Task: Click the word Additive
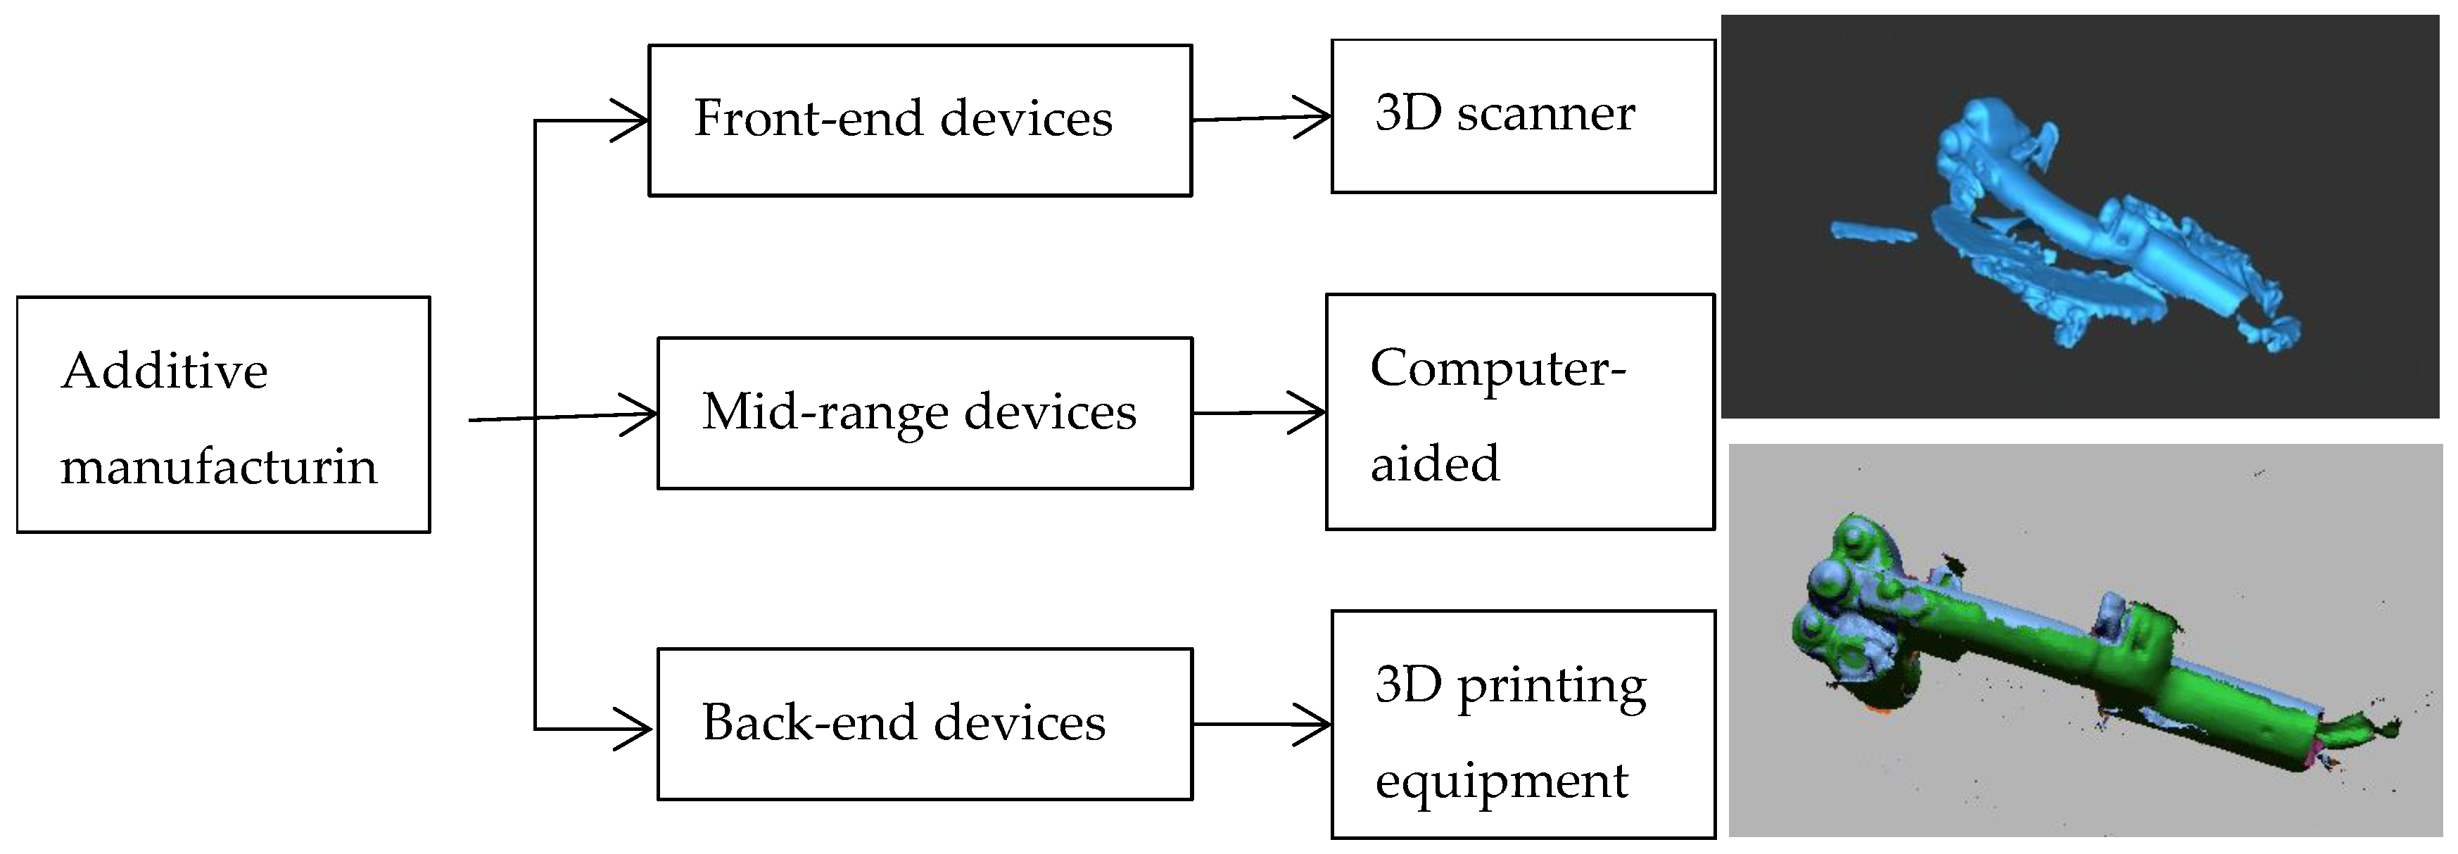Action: click(164, 371)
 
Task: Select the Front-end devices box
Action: click(920, 120)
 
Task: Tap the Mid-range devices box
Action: click(924, 413)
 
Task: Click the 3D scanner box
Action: click(1522, 115)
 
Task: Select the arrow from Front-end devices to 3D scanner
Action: click(1260, 118)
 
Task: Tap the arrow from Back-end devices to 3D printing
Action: click(1260, 725)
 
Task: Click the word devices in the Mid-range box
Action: click(1050, 413)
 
